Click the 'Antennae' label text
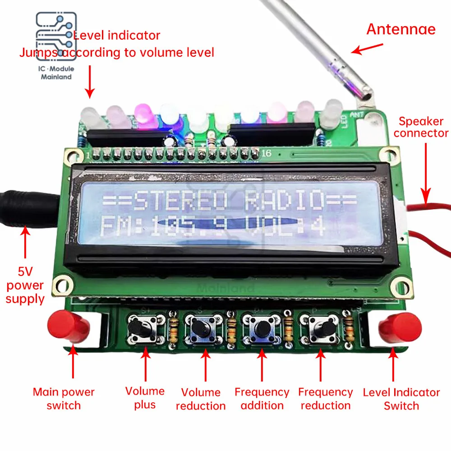click(x=401, y=29)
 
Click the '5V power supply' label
click(x=25, y=285)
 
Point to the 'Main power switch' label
click(x=64, y=398)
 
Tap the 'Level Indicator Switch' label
click(x=401, y=399)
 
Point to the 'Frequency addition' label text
click(x=262, y=399)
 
